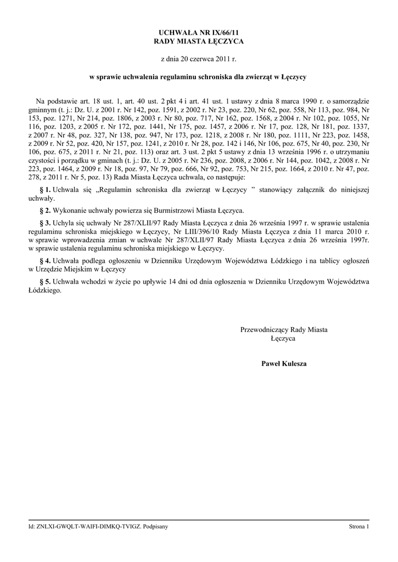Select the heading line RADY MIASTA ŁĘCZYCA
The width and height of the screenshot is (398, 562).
[x=198, y=41]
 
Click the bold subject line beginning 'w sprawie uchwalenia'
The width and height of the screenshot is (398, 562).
[x=198, y=77]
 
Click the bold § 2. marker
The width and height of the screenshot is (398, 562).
[x=45, y=210]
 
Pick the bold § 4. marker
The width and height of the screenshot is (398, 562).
[x=45, y=261]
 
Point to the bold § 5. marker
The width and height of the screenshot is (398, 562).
[x=45, y=282]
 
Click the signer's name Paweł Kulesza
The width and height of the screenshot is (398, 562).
[x=283, y=364]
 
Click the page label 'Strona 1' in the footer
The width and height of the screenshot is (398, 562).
[x=359, y=527]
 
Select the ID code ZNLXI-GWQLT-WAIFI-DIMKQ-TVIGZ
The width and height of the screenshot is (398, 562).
[x=87, y=527]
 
